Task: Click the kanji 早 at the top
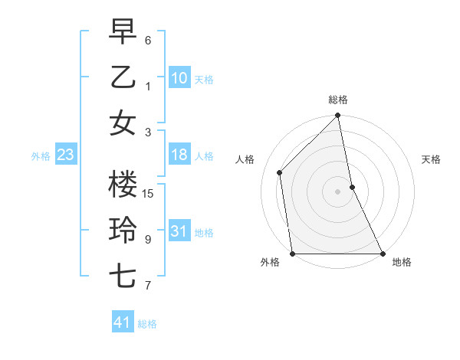tap(123, 31)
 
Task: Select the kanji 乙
tap(123, 77)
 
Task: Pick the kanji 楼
tap(123, 185)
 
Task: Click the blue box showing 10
tap(179, 77)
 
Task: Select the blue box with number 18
tap(179, 155)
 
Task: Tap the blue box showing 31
tap(179, 231)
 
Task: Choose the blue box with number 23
tap(66, 155)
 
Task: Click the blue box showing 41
tap(123, 322)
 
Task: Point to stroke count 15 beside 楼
tap(149, 194)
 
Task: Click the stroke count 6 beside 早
tap(148, 40)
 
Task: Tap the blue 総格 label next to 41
tap(148, 324)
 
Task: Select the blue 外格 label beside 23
tap(41, 156)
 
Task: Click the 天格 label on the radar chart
tap(431, 159)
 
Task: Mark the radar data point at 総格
tap(337, 116)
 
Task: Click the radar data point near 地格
tap(382, 253)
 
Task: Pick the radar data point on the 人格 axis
tap(280, 172)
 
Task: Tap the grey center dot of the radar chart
tap(337, 191)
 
